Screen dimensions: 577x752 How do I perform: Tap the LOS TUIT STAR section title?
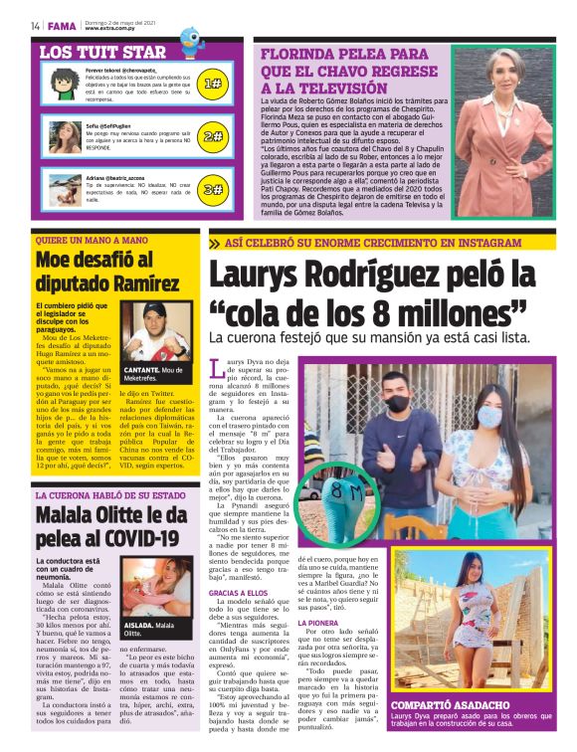102,51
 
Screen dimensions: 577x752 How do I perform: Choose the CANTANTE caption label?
142,369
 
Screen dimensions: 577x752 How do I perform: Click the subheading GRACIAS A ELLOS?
239,592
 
